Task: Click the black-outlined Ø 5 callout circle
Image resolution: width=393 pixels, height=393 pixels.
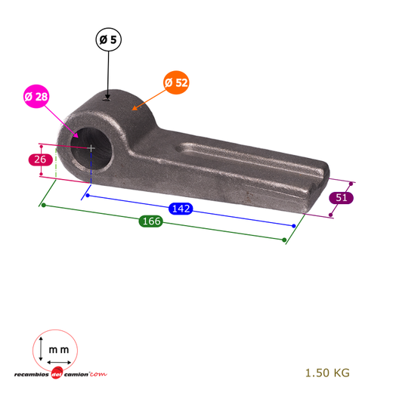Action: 108,39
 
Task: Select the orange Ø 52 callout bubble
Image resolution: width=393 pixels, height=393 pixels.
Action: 176,82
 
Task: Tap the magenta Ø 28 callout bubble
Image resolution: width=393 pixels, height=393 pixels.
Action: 36,96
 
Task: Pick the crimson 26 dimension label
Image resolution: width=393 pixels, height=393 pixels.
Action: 40,159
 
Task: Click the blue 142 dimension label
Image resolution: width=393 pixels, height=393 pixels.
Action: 181,209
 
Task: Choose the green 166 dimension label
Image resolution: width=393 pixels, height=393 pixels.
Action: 151,221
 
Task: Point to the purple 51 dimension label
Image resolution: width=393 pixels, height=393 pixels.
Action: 341,197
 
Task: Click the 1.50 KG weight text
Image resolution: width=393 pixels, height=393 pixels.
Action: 327,373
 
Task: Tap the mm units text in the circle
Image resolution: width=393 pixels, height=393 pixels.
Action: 59,350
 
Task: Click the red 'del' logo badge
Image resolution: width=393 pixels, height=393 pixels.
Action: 57,373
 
